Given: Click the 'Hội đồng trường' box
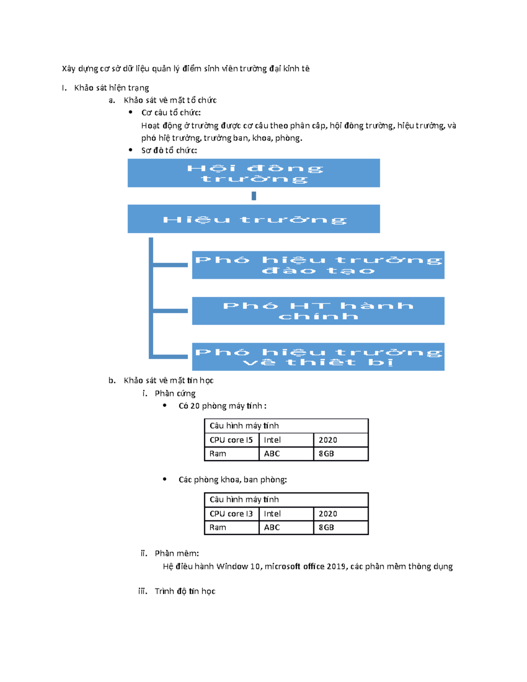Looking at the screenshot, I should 253,173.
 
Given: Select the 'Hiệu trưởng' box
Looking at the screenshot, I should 253,219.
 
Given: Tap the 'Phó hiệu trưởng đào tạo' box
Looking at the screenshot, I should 318,265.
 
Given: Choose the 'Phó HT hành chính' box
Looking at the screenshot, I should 318,311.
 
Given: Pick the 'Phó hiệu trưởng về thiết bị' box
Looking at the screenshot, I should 318,357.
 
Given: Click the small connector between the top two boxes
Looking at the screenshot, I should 253,196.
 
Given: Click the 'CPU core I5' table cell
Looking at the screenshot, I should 231,440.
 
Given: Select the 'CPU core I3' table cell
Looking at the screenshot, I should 231,514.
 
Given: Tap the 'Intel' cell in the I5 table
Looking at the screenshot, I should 286,440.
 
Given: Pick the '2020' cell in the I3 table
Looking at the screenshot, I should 340,514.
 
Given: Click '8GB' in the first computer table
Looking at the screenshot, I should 340,454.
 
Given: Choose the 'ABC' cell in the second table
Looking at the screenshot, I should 286,527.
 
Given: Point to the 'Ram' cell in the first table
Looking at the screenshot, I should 231,454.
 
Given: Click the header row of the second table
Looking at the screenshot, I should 286,500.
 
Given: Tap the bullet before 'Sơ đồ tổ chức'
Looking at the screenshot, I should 130,150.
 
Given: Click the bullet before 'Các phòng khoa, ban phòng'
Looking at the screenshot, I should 165,479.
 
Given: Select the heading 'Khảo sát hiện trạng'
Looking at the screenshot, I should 112,88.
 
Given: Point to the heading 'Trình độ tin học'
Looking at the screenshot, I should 185,591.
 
